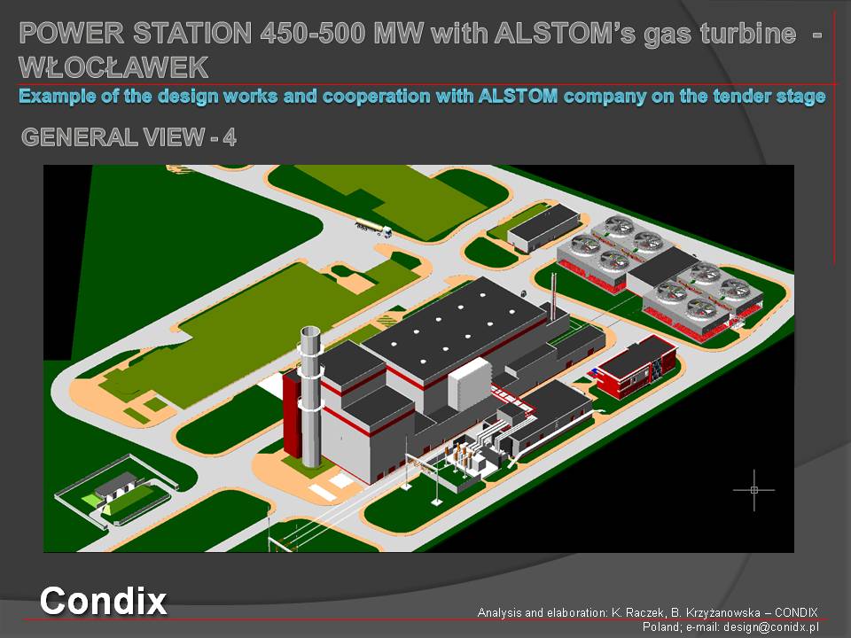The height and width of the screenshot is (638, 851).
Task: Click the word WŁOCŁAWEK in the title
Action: tap(114, 68)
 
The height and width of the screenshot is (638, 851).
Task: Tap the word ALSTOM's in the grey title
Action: tap(565, 34)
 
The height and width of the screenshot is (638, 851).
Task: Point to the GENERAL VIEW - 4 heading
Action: tap(129, 137)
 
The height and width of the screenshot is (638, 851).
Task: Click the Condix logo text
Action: tap(103, 601)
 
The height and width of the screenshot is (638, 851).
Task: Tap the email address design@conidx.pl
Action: tap(770, 627)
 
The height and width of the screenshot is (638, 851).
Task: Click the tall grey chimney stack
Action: tap(311, 397)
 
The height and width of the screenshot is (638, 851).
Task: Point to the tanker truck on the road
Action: tap(373, 229)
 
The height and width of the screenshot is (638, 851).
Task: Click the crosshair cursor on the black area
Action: tap(753, 490)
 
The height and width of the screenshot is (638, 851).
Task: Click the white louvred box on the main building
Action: tap(470, 384)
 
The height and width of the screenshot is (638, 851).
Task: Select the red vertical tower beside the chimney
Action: tap(292, 414)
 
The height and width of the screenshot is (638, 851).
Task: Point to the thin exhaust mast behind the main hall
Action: tap(553, 298)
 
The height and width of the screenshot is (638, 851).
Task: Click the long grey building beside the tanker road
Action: tap(543, 228)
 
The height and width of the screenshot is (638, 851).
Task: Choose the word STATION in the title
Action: tap(192, 34)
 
